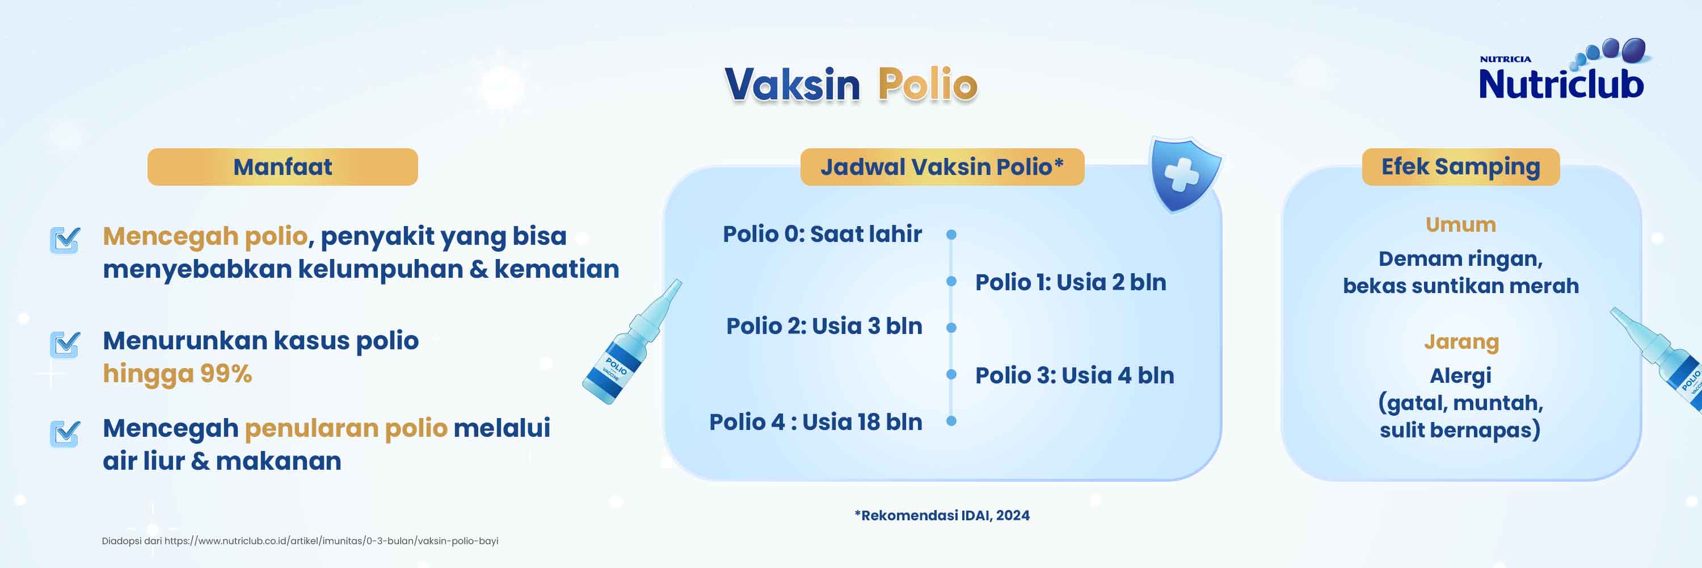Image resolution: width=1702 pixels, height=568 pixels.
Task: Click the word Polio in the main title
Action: pos(927,85)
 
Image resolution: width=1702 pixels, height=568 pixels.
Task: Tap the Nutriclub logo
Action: pos(1562,72)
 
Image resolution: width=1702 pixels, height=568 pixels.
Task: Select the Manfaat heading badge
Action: pos(282,166)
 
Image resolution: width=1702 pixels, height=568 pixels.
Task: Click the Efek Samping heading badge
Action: pos(1460,166)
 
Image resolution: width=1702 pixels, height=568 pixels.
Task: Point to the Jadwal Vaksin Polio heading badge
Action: pos(942,166)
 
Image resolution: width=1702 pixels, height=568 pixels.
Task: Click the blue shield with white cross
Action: pos(1183,174)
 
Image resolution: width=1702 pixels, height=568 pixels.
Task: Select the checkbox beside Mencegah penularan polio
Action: pos(65,434)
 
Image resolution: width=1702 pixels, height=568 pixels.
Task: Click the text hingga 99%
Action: pos(177,374)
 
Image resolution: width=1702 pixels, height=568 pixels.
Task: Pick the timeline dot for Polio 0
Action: pos(951,235)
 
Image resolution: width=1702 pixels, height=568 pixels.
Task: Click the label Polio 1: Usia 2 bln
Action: pos(1071,282)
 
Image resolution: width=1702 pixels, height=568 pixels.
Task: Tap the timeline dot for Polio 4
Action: pos(951,420)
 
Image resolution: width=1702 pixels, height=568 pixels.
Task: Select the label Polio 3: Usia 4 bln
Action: pos(1075,375)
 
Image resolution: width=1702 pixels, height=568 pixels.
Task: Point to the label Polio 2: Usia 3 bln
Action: pos(824,326)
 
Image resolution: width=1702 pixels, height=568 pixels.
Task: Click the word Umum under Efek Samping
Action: pos(1460,225)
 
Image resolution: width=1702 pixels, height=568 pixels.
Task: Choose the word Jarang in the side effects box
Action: pos(1461,342)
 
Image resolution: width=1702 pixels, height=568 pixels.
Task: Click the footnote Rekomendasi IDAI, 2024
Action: pos(942,515)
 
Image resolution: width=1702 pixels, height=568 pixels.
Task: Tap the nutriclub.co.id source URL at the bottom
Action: pos(330,541)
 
